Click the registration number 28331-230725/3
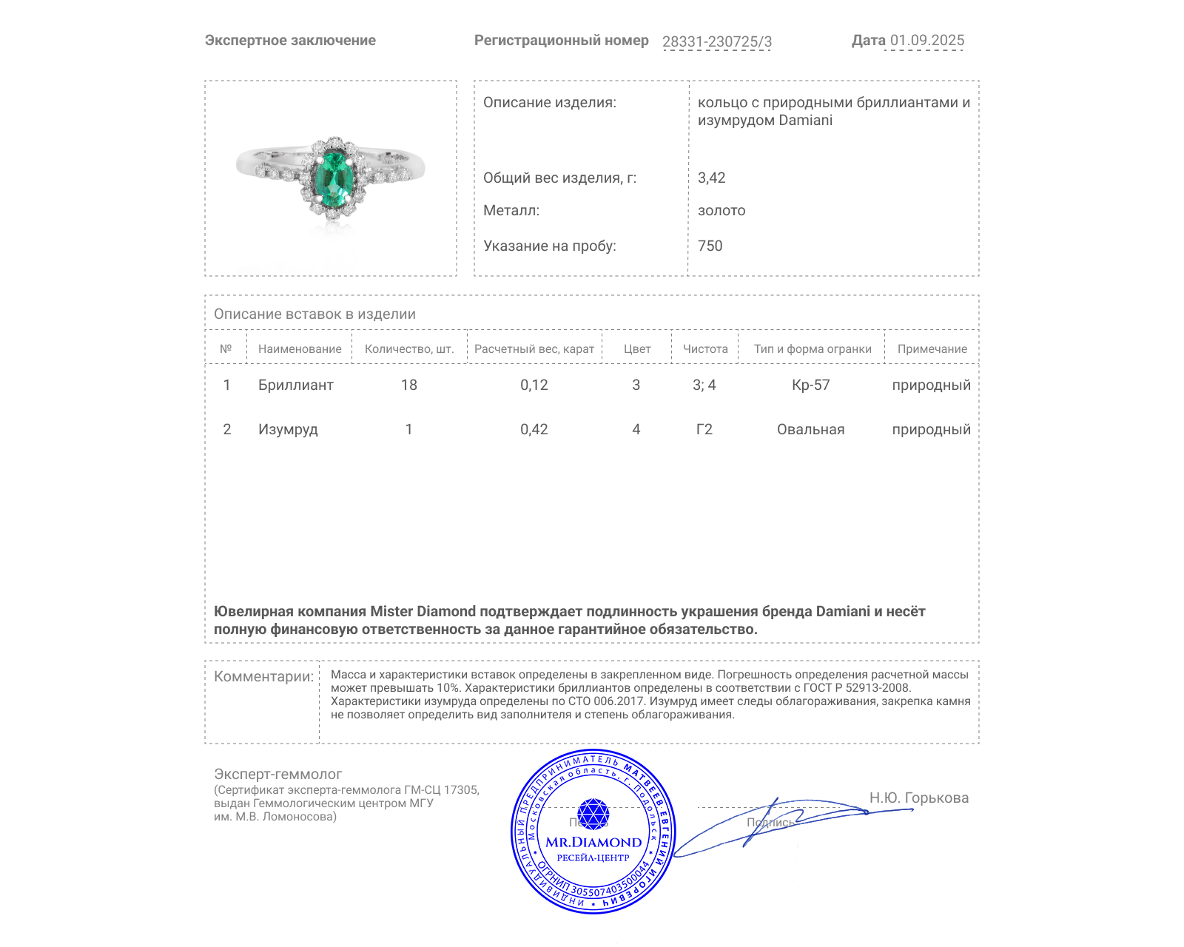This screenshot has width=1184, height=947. coord(716,41)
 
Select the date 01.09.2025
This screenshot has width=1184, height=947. coord(926,41)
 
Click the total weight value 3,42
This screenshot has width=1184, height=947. coord(711,178)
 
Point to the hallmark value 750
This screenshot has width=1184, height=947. coord(710,246)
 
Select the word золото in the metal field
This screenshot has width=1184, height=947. coord(721,211)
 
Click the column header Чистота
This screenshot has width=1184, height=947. coord(704,349)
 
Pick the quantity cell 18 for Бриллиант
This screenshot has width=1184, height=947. coord(408,385)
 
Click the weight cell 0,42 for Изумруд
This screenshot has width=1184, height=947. coord(534,429)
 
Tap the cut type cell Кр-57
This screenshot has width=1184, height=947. coord(810,385)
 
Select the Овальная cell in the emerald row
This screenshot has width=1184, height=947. coord(810,429)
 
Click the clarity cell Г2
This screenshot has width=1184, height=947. coord(704,429)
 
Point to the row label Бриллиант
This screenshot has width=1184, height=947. coord(295,385)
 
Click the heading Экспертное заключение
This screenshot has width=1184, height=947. coord(290,41)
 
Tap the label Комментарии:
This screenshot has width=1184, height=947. coord(263,676)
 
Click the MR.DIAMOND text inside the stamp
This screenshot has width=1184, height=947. coord(593,842)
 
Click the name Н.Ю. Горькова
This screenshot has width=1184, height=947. coord(918,798)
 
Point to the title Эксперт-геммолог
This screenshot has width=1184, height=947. coord(277,774)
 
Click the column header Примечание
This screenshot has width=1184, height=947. coord(932,349)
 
